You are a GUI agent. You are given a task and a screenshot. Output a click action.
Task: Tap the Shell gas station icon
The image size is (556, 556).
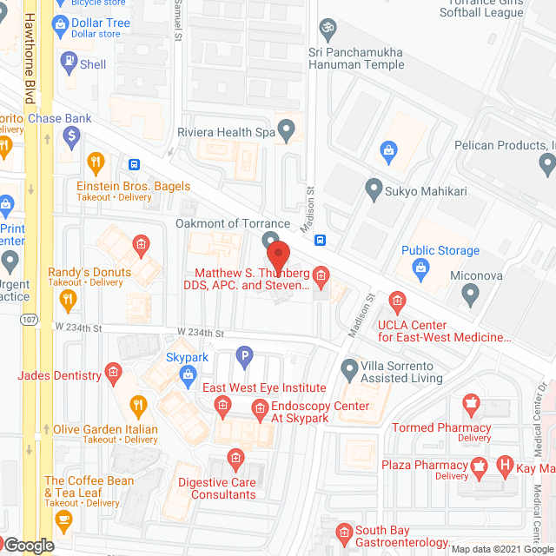coord(68,61)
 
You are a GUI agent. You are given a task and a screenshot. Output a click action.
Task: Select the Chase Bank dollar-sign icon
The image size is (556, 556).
coord(71,135)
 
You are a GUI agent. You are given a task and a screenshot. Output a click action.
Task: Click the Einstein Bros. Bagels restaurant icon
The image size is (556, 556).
coord(96,161)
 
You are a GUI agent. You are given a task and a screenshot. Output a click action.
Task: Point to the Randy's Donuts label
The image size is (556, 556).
coord(89,272)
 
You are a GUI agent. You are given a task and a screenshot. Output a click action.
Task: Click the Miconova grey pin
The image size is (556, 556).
coord(470,295)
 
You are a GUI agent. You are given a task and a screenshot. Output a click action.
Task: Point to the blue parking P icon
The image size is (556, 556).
coord(245,354)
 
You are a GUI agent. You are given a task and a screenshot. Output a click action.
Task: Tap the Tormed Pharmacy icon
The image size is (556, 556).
coord(471,403)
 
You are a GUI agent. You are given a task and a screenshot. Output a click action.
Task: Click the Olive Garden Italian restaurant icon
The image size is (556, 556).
coord(137,404)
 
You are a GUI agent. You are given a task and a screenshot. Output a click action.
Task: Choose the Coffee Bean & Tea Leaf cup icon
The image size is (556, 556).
coord(63,520)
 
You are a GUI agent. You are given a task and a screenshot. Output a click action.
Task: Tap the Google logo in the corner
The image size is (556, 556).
coord(28,546)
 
